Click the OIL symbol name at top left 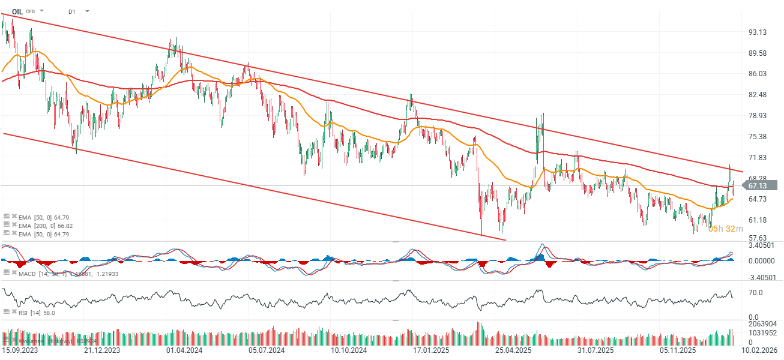point(17,11)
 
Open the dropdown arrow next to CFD point(42,11)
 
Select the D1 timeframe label point(72,11)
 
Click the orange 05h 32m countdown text point(726,229)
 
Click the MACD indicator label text point(28,273)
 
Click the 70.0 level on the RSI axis point(755,293)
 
